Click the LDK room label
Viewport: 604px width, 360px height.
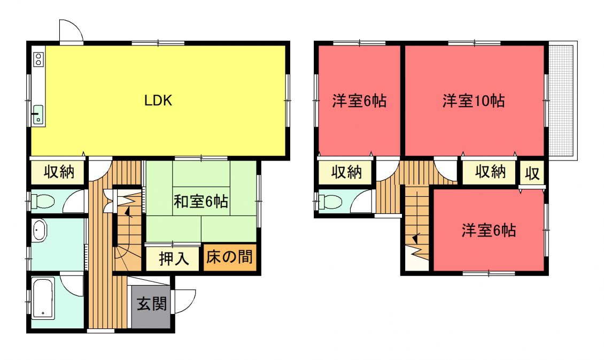click(158, 101)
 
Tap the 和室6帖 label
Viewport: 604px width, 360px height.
click(200, 202)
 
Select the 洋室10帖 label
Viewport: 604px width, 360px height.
click(474, 101)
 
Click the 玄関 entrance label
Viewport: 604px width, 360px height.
click(152, 304)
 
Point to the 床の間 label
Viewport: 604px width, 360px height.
click(229, 257)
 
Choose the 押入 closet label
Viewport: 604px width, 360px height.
click(174, 258)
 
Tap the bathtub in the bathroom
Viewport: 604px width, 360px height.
click(42, 298)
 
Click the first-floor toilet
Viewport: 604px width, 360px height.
click(42, 201)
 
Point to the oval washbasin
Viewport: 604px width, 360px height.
click(40, 231)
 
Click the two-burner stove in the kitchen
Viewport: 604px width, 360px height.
click(38, 59)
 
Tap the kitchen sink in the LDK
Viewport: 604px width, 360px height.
click(38, 114)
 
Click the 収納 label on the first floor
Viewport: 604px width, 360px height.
click(59, 172)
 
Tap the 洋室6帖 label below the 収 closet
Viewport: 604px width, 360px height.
click(489, 231)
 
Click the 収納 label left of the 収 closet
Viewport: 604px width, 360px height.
click(490, 172)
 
